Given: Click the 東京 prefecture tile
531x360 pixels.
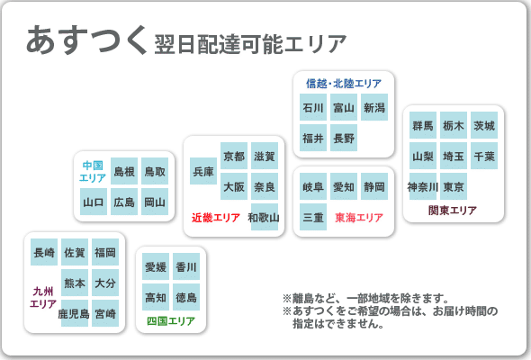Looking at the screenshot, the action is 454,186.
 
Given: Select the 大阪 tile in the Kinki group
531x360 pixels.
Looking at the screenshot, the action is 234,186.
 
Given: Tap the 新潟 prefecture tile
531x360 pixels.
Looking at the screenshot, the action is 374,107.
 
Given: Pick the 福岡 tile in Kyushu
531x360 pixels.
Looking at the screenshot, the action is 105,252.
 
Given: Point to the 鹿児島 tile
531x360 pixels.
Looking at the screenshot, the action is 75,313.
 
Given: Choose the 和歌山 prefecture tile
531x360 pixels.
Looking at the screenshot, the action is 264,217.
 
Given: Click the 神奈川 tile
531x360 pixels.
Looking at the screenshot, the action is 423,186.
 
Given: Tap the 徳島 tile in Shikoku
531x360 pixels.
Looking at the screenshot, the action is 186,297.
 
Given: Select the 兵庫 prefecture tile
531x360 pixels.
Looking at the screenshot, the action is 203,171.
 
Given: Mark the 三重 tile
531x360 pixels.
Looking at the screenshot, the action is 313,217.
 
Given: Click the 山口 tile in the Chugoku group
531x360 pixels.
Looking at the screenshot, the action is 94,202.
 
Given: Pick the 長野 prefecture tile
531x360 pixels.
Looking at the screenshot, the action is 344,138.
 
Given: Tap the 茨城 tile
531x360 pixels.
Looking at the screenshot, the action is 484,125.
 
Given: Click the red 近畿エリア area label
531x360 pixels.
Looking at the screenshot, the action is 216,218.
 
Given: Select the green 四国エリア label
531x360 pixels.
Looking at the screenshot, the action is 171,320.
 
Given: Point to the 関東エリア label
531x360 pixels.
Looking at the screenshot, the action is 453,211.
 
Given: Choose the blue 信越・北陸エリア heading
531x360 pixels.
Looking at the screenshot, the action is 344,84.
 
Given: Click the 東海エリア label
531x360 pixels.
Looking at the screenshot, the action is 359,218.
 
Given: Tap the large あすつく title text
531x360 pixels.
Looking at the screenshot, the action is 86,40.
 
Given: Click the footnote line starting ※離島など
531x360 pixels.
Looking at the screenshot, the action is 365,299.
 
